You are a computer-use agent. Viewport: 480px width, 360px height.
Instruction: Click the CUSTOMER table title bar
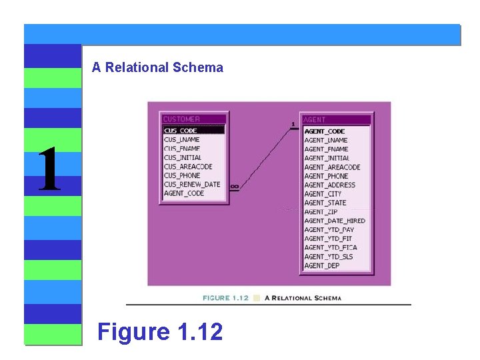pos(193,119)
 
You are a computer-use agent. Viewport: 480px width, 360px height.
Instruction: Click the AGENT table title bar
pos(335,120)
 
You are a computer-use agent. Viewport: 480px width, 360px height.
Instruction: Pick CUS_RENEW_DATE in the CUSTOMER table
pos(192,185)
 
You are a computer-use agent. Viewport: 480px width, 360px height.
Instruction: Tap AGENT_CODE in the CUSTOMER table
pos(184,193)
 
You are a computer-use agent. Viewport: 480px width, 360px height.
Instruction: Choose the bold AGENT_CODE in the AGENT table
pos(325,131)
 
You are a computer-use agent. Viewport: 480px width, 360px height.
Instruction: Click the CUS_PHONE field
pos(182,175)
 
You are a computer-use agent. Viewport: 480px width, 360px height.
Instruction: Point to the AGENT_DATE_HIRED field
pos(335,221)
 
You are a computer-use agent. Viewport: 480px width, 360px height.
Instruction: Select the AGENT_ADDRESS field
pos(329,185)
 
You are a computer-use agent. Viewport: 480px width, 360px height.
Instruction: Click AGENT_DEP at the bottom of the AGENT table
pos(322,265)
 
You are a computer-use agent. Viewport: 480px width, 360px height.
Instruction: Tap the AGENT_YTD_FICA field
pos(331,247)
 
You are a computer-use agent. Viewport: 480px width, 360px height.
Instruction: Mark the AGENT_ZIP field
pos(321,212)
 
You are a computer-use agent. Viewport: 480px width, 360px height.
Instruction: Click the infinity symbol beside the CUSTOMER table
pos(234,186)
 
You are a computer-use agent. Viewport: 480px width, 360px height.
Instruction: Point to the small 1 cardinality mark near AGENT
pos(293,124)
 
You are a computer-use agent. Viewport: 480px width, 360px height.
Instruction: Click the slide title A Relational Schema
pos(157,67)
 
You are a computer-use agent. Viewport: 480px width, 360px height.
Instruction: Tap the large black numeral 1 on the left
pos(49,170)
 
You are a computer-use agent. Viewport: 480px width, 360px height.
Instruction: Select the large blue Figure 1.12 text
pos(160,331)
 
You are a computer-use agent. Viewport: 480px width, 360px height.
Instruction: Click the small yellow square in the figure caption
pos(257,298)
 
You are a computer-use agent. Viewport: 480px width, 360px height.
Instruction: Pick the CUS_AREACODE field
pos(188,167)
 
